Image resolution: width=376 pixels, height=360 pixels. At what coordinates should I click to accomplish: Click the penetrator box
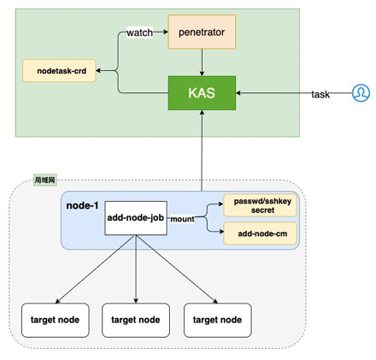[202, 32]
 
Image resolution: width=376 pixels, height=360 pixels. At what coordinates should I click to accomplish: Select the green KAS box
[202, 93]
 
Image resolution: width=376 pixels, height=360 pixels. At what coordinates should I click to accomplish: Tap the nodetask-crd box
[59, 71]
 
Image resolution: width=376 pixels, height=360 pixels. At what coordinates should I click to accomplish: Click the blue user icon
[361, 93]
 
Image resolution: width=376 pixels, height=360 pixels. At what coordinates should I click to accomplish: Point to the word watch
[139, 32]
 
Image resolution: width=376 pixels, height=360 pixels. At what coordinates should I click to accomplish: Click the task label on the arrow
[320, 94]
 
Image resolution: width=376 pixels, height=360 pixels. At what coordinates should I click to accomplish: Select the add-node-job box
[136, 218]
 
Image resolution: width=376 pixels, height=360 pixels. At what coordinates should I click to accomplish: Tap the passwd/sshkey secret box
[260, 205]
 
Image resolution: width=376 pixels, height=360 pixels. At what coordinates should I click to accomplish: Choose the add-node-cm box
[260, 233]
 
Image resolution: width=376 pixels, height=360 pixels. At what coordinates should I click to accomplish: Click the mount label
[182, 219]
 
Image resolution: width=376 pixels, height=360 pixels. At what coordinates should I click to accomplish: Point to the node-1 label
[82, 205]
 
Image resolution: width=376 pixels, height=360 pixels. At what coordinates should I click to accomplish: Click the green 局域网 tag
[45, 180]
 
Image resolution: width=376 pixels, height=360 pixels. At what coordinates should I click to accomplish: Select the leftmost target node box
[56, 320]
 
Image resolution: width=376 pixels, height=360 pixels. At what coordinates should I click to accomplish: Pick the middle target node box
[136, 320]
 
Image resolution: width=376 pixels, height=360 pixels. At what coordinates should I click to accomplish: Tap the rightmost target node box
[218, 320]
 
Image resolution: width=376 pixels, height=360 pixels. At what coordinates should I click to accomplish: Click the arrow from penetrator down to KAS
[202, 62]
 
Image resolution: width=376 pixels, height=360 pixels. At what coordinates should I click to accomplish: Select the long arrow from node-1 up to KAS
[202, 150]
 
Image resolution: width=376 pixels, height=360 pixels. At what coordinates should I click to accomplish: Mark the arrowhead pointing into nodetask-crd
[98, 71]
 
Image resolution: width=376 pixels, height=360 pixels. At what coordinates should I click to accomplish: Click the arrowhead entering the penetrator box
[166, 32]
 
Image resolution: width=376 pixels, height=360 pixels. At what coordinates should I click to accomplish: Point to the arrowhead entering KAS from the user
[238, 93]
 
